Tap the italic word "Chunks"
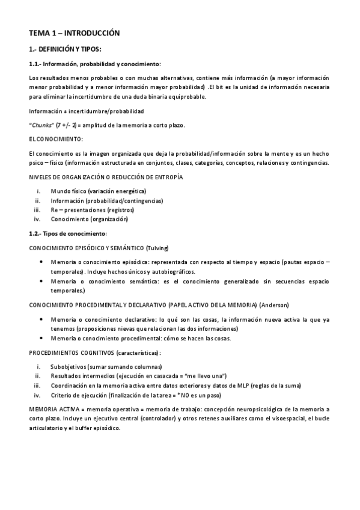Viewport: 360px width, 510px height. click(41, 125)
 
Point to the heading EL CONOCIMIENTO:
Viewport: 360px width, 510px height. click(56, 139)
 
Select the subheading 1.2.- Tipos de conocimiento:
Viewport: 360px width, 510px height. click(68, 233)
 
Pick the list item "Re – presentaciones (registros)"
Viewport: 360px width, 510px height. click(93, 210)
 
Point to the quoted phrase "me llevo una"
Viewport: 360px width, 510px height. click(204, 376)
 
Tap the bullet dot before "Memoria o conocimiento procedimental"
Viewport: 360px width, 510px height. click(40, 338)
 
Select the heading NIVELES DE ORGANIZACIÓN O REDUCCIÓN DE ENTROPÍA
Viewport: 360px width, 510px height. click(106, 177)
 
